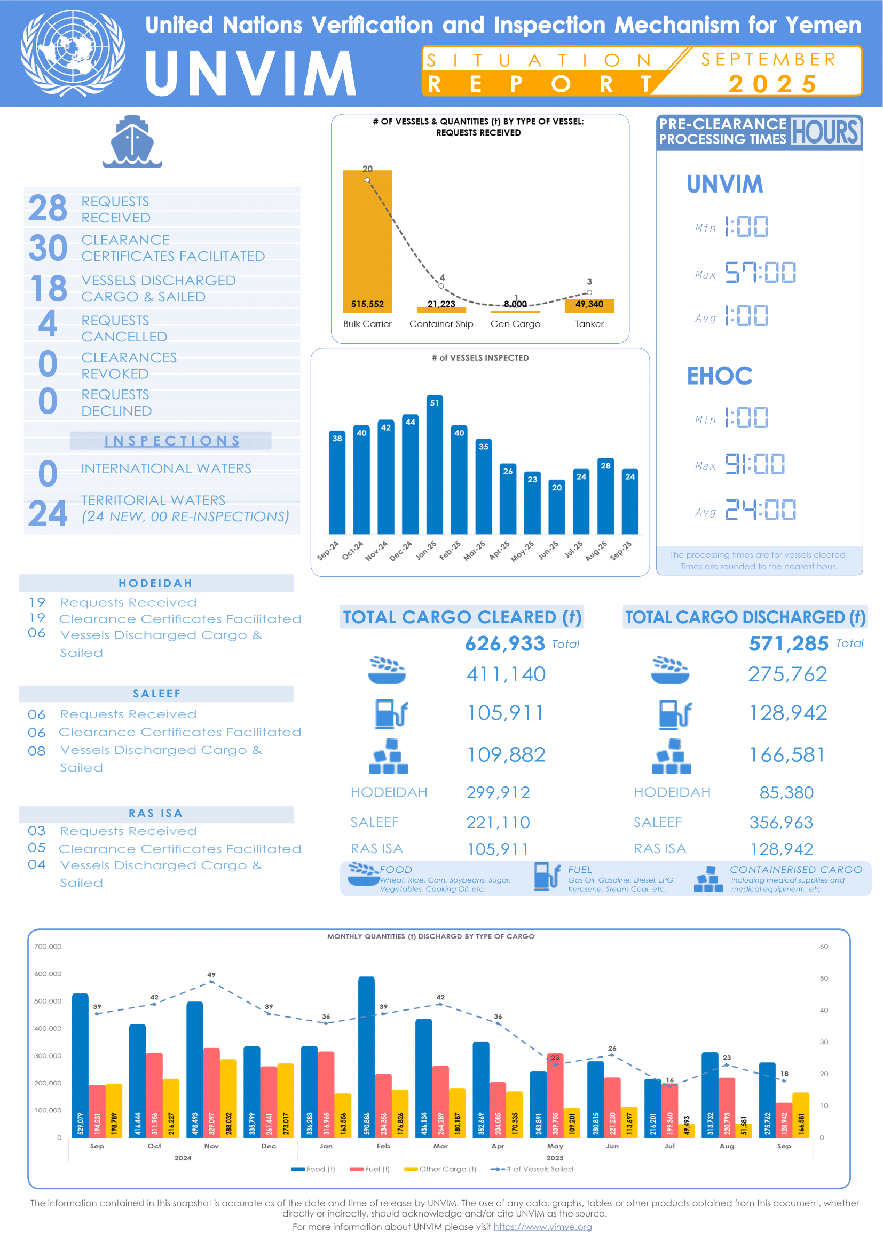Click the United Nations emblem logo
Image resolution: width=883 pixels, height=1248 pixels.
(72, 53)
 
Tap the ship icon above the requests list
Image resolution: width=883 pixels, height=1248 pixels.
(132, 141)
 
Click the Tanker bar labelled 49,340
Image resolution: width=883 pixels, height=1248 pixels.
(589, 306)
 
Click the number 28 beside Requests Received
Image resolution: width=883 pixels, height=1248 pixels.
(48, 208)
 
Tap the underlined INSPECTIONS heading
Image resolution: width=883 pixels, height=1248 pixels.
(172, 441)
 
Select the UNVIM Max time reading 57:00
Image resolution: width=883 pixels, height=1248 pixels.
(760, 272)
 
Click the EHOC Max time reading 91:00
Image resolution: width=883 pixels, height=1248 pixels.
(754, 464)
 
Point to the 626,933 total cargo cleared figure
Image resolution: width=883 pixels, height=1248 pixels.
(504, 643)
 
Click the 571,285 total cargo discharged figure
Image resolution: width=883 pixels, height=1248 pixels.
(789, 643)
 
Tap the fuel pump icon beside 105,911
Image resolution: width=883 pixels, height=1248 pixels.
(391, 713)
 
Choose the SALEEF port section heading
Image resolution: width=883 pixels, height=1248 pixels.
(156, 694)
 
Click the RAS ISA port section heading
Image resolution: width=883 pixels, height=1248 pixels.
(156, 813)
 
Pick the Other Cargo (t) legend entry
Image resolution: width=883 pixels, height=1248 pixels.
(440, 1168)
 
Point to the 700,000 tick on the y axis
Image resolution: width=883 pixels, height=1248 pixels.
(48, 947)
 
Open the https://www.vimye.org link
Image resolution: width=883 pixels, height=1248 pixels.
(542, 1227)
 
